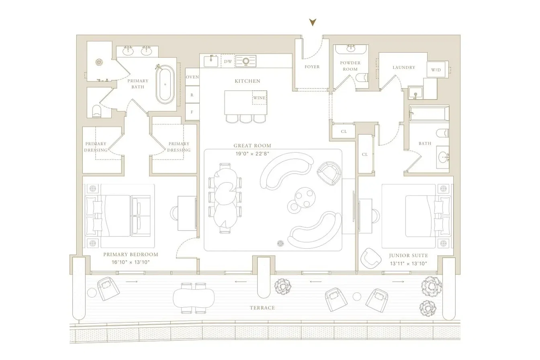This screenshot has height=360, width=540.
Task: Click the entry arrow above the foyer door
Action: [x=313, y=22]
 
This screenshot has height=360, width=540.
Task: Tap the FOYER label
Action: [x=312, y=67]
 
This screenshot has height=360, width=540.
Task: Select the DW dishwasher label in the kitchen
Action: [x=228, y=61]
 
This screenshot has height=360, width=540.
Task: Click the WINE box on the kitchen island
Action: [x=260, y=98]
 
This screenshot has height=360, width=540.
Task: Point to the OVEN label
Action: [x=192, y=77]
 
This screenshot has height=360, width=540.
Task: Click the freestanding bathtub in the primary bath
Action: [x=165, y=84]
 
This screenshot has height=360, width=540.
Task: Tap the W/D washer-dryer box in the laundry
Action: [x=436, y=70]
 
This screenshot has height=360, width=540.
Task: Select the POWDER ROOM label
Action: [x=350, y=66]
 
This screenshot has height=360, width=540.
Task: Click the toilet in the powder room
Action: [x=362, y=78]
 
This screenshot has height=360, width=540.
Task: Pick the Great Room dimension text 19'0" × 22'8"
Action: [x=252, y=153]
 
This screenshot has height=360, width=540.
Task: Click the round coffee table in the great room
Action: [x=305, y=198]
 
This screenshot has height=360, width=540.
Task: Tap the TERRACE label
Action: [x=262, y=308]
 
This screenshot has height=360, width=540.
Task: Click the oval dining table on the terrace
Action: [x=193, y=298]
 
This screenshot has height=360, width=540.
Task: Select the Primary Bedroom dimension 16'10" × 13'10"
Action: [x=131, y=262]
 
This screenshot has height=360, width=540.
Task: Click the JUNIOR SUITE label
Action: [x=408, y=256]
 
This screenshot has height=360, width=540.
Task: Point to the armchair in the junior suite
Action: [x=371, y=258]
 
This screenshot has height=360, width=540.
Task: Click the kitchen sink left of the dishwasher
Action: [x=211, y=61]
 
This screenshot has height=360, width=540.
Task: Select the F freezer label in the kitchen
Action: [x=192, y=112]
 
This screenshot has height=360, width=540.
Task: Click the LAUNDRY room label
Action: [x=404, y=67]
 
